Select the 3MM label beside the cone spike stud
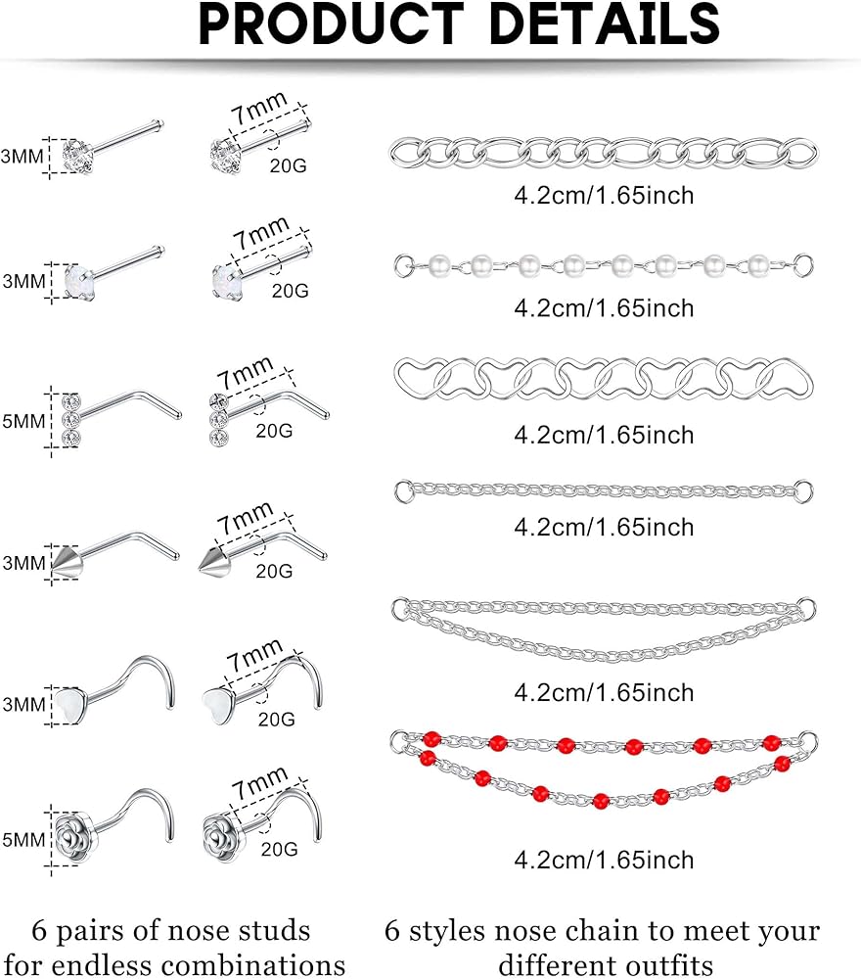point(23,563)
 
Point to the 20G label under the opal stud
point(290,290)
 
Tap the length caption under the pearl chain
point(604,308)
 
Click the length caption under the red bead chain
point(604,860)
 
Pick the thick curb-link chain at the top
point(604,152)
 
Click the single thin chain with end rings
point(604,489)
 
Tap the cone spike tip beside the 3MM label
point(67,562)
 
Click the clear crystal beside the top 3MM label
point(76,157)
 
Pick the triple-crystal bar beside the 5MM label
point(70,418)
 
